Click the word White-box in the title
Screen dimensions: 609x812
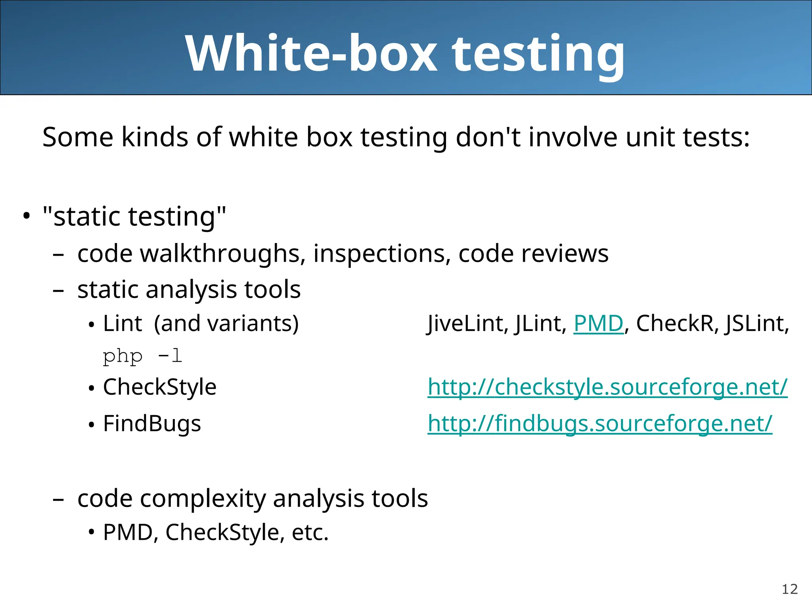(311, 54)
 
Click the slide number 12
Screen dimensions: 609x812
(789, 589)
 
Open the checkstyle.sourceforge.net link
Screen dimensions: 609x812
(607, 387)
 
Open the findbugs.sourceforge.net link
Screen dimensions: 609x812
(600, 423)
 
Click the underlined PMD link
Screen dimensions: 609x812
(598, 324)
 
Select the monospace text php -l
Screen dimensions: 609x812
(142, 356)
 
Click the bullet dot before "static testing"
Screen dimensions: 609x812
(26, 216)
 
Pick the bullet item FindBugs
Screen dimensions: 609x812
(152, 423)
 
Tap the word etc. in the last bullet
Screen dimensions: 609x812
(310, 532)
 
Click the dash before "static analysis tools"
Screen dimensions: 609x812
(58, 290)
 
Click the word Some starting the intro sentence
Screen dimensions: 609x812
(78, 137)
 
